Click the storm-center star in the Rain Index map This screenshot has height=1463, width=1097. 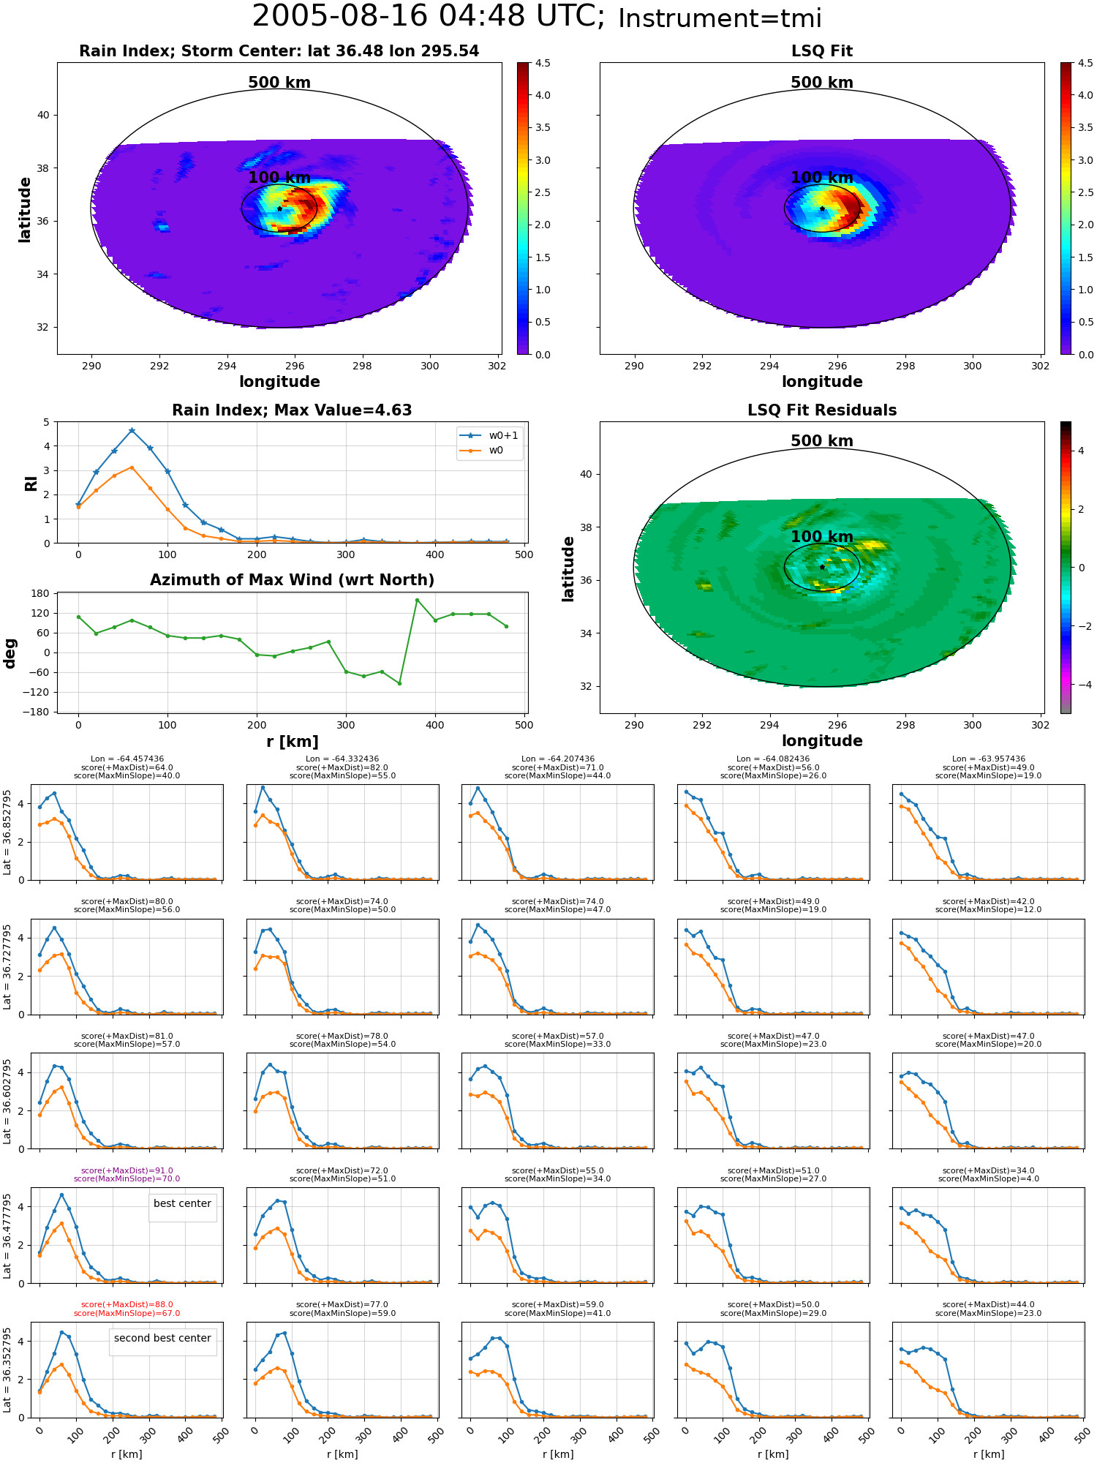click(x=279, y=208)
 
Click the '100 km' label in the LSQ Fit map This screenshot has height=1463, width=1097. click(x=822, y=178)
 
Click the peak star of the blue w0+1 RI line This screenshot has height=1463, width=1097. click(x=132, y=431)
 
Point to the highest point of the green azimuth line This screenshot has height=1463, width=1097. click(x=417, y=601)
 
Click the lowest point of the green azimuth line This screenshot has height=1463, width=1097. click(x=399, y=683)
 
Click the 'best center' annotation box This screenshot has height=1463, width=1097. click(x=182, y=1204)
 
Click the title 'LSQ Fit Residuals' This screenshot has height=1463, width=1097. click(x=822, y=410)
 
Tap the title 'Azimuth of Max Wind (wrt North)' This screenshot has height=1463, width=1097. click(x=293, y=580)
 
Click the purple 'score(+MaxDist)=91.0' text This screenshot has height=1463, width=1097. click(x=127, y=1170)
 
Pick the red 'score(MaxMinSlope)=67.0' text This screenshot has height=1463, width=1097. click(x=127, y=1313)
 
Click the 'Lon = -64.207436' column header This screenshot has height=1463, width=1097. click(x=558, y=759)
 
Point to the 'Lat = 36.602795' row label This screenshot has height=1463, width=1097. click(x=7, y=1100)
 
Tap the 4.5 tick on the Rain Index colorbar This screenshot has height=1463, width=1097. click(x=543, y=63)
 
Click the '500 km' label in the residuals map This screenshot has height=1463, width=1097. click(x=822, y=441)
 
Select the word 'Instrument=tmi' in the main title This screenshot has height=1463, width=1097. click(x=720, y=18)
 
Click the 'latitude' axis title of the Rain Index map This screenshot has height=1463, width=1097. click(x=25, y=209)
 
